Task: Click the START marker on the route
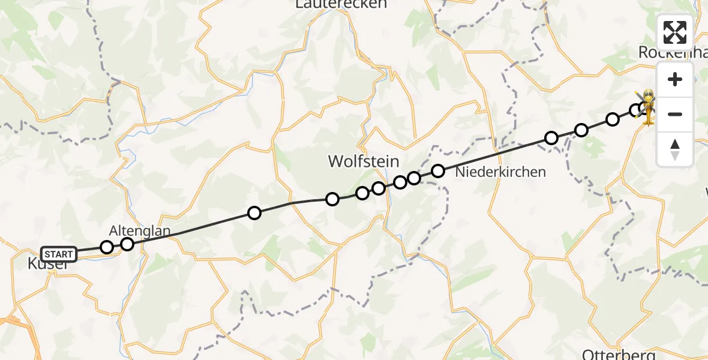click(59, 254)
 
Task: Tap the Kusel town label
click(47, 265)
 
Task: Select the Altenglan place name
click(140, 230)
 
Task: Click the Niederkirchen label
click(500, 172)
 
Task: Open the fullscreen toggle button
click(675, 32)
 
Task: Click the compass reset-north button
click(675, 149)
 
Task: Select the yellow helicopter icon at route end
click(649, 108)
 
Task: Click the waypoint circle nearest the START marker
click(107, 247)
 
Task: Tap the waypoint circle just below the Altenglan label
click(127, 244)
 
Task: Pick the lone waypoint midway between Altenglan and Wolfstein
click(254, 213)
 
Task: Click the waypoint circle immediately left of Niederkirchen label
click(438, 171)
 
